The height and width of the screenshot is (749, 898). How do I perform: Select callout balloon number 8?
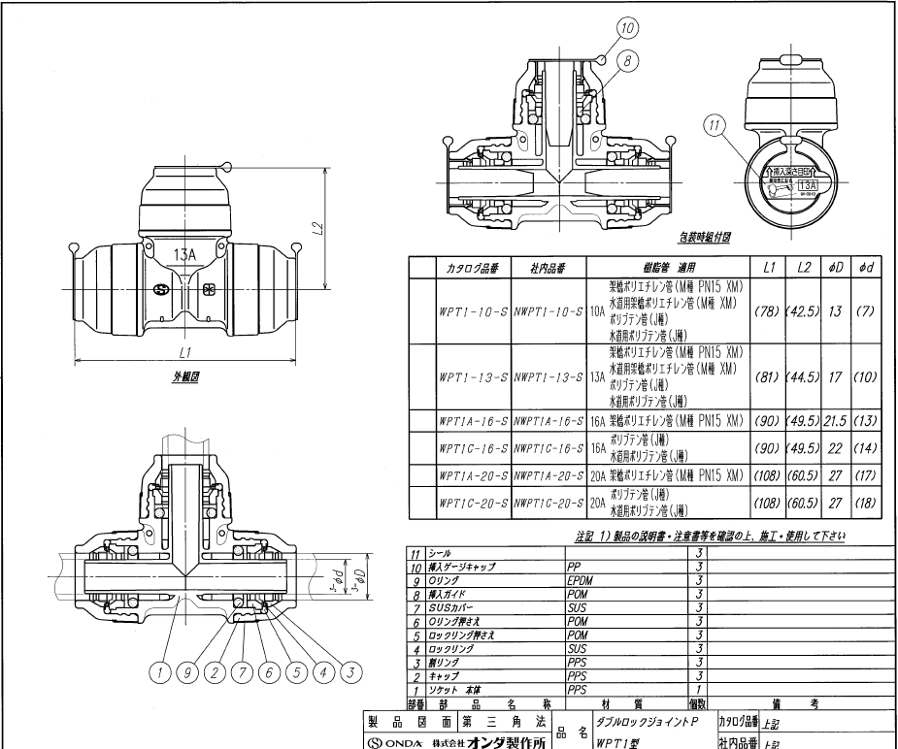(x=630, y=60)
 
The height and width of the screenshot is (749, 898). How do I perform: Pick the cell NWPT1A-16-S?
(x=549, y=420)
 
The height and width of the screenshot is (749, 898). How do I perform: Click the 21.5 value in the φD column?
(x=833, y=420)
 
